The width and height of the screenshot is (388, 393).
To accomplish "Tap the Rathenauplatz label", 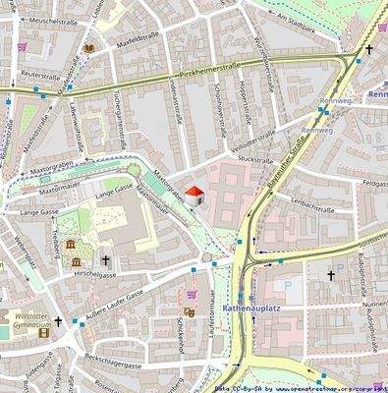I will click(x=252, y=308).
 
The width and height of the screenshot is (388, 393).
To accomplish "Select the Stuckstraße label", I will click(x=253, y=160).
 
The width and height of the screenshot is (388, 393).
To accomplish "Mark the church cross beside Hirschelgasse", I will click(x=105, y=260).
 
